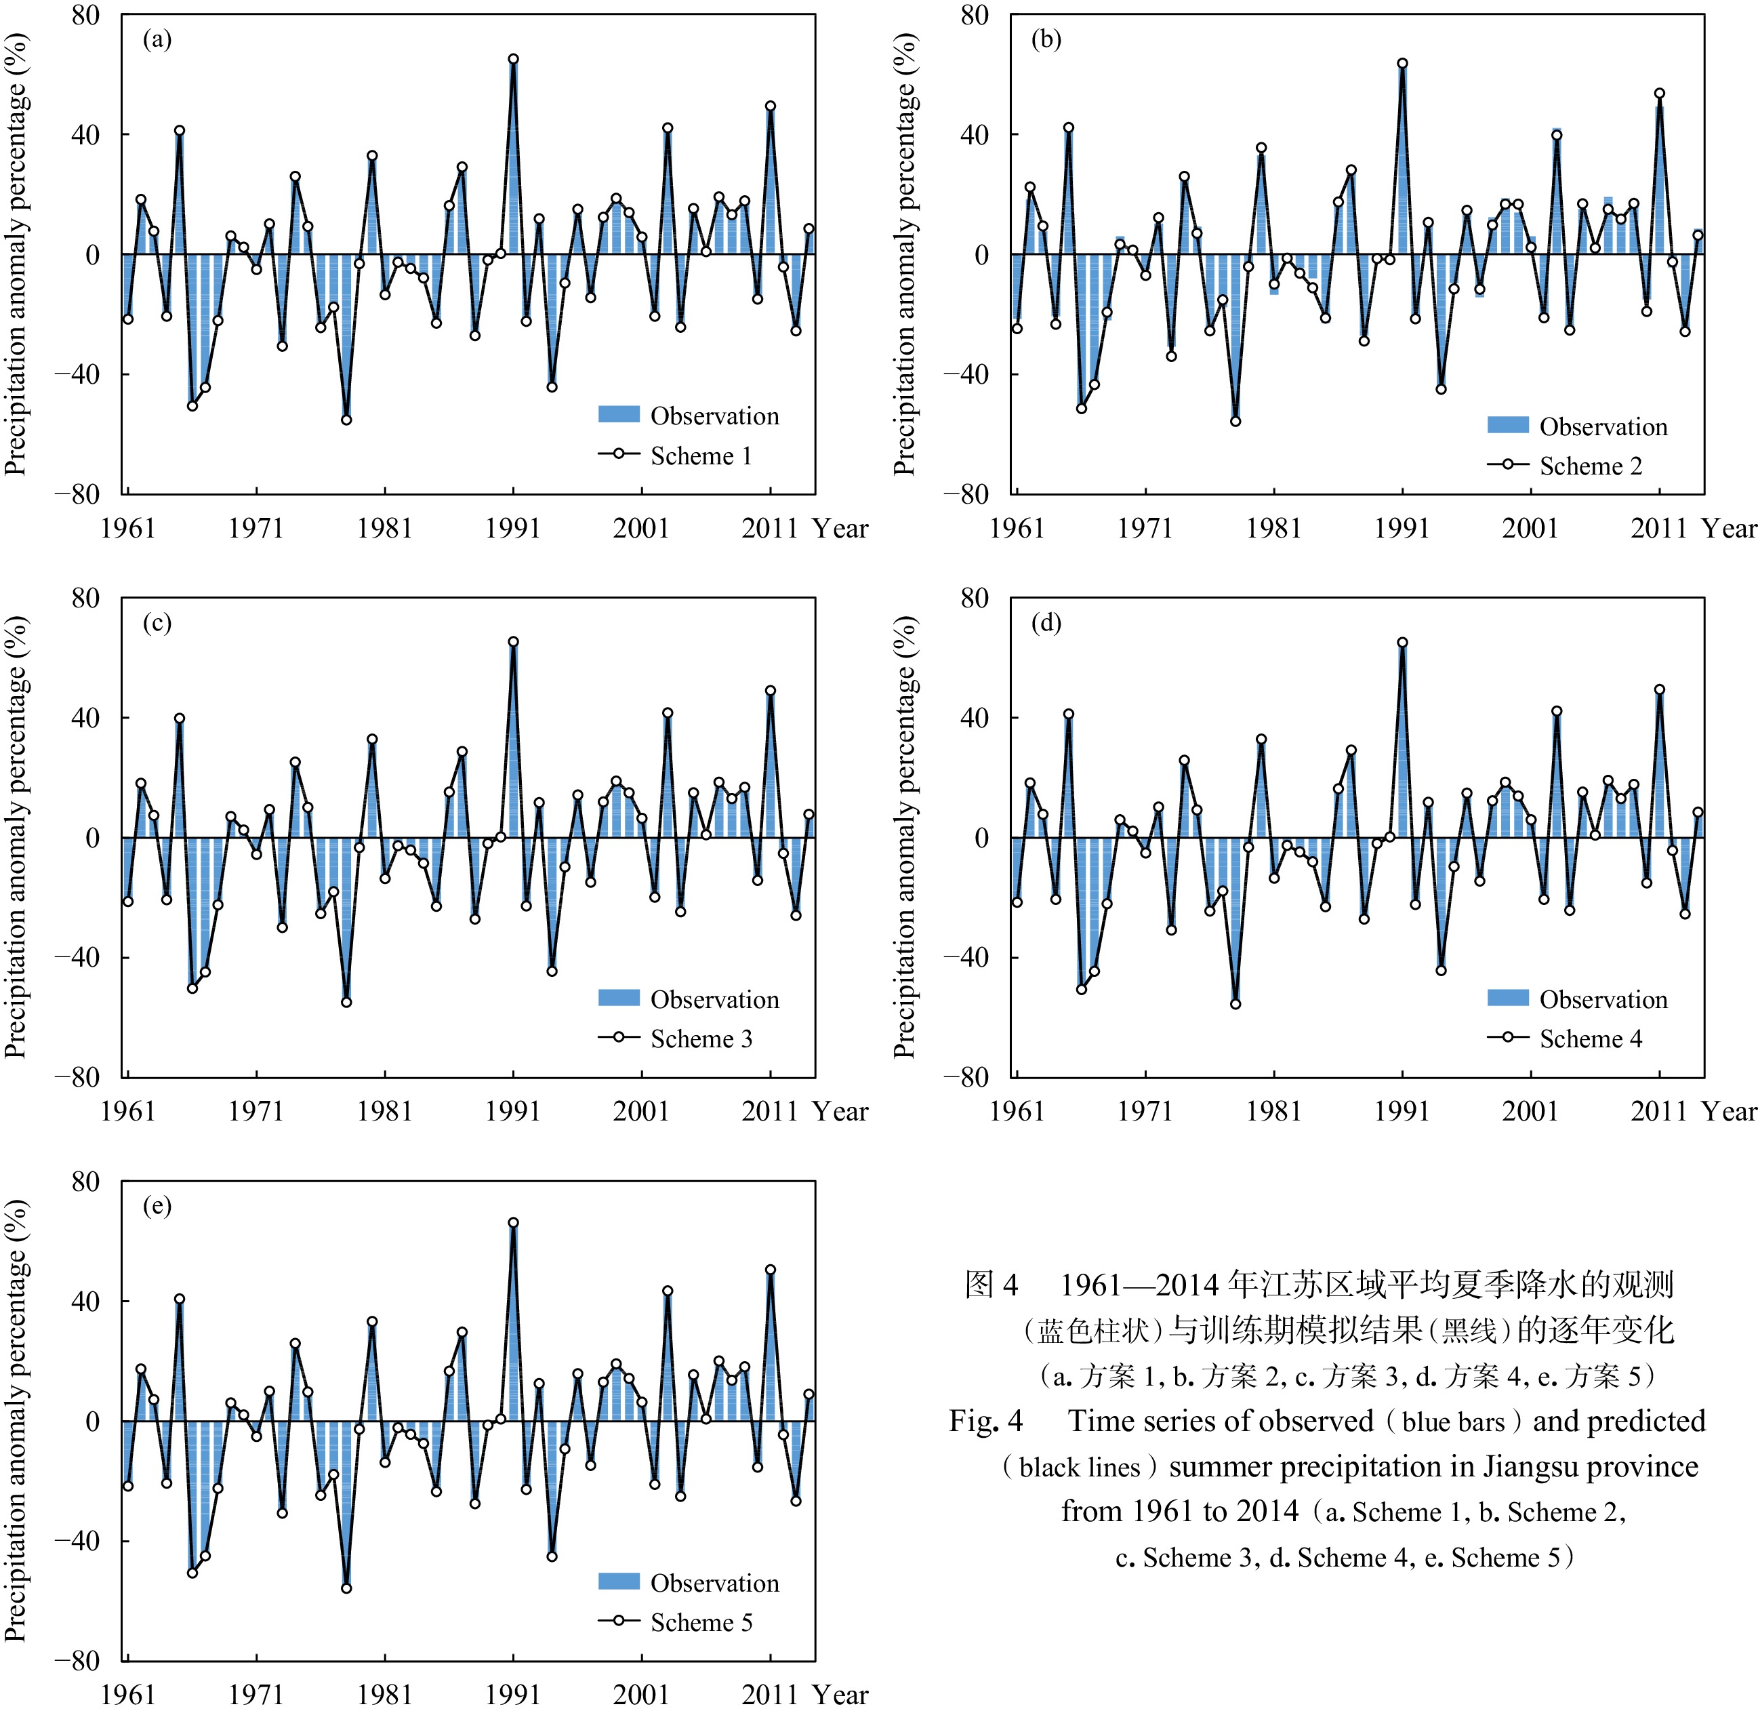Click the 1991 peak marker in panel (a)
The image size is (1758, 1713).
click(513, 60)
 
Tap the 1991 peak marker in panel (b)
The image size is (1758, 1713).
click(1402, 64)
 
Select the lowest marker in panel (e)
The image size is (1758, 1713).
click(346, 1588)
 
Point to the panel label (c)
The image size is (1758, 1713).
click(157, 622)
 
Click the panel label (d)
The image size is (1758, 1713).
click(1046, 622)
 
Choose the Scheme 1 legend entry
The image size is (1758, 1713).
click(701, 456)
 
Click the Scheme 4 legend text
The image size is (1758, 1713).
click(1590, 1039)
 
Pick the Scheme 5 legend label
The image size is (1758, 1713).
click(701, 1622)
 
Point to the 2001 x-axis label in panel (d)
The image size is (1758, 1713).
click(1530, 1111)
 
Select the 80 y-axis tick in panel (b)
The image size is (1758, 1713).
click(975, 16)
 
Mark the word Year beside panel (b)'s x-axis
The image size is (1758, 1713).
click(1728, 528)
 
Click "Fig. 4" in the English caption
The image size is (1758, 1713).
click(986, 1421)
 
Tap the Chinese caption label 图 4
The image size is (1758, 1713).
click(991, 1285)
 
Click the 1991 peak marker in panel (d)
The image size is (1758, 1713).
click(1402, 643)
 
